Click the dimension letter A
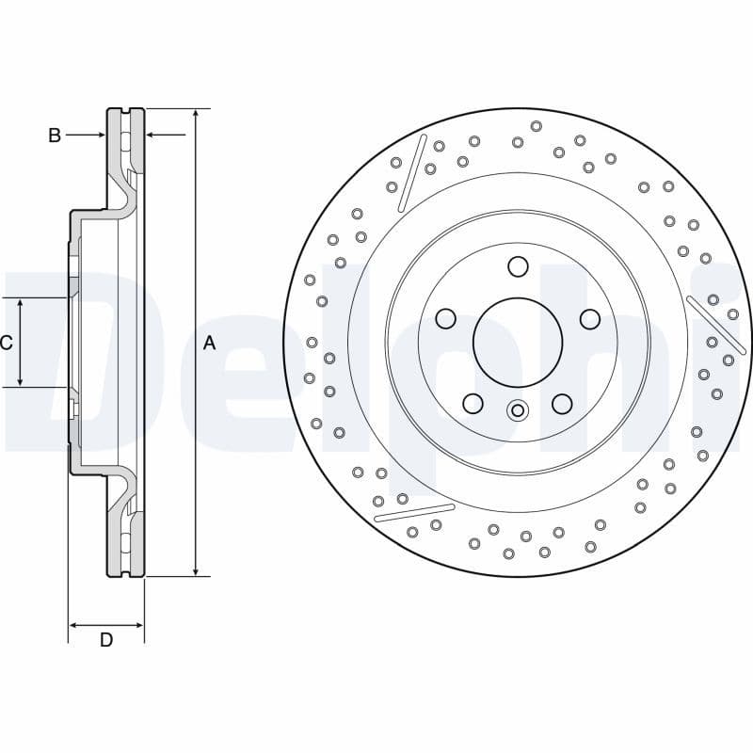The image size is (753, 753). coord(209,344)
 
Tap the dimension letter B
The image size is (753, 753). coord(55,136)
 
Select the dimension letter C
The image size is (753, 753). coord(6,343)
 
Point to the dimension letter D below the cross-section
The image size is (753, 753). coord(106,640)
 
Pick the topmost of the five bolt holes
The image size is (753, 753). coord(518,267)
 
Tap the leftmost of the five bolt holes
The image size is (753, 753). coord(445,320)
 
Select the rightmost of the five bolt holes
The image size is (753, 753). coord(590,320)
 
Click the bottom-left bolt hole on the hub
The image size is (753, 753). coord(473,404)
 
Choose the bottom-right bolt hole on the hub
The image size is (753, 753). coord(562,404)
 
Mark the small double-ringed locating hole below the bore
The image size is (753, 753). coord(517,410)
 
